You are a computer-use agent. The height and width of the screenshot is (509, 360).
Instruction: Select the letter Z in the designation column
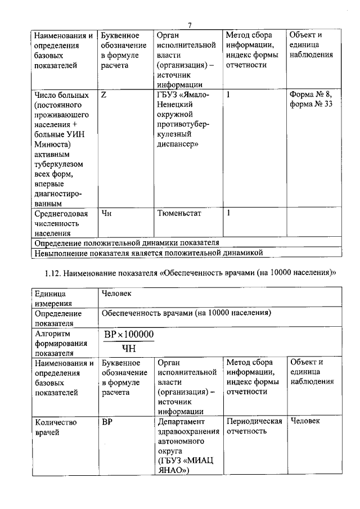(104, 95)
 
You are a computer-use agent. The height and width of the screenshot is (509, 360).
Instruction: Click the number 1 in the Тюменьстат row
(228, 213)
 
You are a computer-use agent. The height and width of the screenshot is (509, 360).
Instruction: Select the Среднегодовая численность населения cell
(61, 223)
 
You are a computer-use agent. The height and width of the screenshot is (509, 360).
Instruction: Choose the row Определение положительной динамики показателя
(127, 242)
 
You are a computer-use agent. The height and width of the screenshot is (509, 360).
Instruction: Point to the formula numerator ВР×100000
(128, 335)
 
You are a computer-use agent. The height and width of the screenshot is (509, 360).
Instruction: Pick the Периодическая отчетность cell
(254, 426)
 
